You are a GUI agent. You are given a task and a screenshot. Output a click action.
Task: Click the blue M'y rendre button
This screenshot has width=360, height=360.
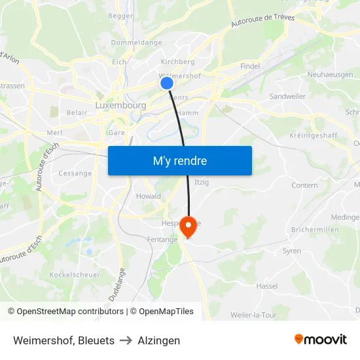tap(179, 160)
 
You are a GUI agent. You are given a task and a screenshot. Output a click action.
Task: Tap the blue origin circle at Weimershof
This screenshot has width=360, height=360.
tap(167, 83)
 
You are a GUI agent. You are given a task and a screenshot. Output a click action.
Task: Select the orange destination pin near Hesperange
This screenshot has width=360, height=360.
tap(189, 227)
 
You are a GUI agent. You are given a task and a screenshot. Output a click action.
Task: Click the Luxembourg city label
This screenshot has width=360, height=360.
tap(120, 105)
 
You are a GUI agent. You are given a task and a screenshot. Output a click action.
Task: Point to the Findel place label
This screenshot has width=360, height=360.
tap(250, 66)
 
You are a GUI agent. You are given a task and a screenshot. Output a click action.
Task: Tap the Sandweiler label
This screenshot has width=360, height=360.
tap(287, 96)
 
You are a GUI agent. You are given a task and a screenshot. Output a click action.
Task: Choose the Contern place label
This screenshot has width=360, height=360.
tap(304, 185)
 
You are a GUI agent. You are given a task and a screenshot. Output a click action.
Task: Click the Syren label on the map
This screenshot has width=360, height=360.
tap(292, 251)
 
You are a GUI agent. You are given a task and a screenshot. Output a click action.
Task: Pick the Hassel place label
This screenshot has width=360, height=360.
tap(267, 286)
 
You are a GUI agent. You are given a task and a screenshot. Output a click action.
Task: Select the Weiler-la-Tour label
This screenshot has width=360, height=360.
tap(254, 315)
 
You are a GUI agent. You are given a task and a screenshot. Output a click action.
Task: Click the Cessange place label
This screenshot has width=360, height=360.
tap(75, 173)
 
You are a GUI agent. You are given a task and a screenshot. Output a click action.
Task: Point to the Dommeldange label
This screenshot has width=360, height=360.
tap(136, 43)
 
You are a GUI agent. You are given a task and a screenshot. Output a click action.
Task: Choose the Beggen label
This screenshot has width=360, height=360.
tap(121, 16)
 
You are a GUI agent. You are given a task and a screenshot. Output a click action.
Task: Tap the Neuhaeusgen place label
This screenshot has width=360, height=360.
tap(331, 75)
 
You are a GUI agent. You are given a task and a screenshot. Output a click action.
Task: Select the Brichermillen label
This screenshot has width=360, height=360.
tap(316, 230)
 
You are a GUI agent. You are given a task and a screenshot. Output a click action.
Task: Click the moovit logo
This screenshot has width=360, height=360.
tap(321, 339)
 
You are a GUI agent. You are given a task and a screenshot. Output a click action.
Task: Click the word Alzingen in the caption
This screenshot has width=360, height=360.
tap(158, 340)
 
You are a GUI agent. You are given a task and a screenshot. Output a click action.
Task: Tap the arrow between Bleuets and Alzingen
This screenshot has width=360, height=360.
tap(126, 340)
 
